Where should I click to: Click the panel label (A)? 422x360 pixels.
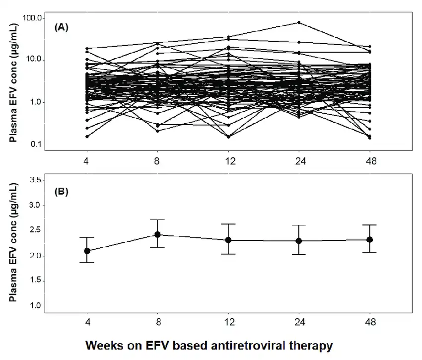pos(61,28)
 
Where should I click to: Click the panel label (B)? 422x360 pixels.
pos(61,191)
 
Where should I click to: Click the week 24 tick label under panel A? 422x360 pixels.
pos(299,161)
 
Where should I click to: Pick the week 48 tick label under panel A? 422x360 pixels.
pos(370,161)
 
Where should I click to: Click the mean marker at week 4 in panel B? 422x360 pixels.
pos(87,251)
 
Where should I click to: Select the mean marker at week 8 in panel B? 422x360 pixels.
pos(157,234)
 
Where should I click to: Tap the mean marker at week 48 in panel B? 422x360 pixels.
pos(370,239)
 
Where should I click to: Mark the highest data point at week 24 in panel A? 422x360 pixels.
pos(299,22)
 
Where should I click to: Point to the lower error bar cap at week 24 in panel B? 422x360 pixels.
pos(299,255)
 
